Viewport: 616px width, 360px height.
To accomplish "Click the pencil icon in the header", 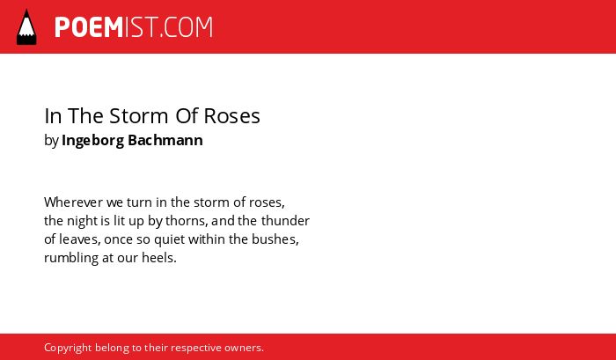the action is click(26, 27).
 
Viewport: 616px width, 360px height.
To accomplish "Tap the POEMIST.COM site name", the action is click(134, 27).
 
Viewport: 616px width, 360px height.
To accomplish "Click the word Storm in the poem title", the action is click(139, 116).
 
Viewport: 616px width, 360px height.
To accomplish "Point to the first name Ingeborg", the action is click(92, 141).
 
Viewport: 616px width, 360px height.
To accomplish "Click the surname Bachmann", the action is click(165, 140).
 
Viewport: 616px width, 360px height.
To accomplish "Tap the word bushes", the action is click(275, 239).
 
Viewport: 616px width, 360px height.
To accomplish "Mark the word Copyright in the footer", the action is click(68, 349).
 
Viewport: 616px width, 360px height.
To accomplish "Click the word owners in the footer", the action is click(244, 349).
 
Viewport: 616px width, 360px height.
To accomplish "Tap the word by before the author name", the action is click(51, 141).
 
